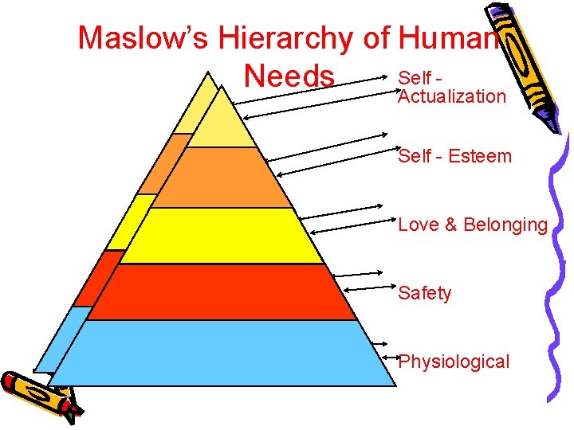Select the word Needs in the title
290,76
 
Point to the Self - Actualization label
451,88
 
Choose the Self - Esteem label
454,156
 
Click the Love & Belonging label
473,225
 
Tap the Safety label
424,293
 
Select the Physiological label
454,362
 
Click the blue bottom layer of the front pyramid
223,354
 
